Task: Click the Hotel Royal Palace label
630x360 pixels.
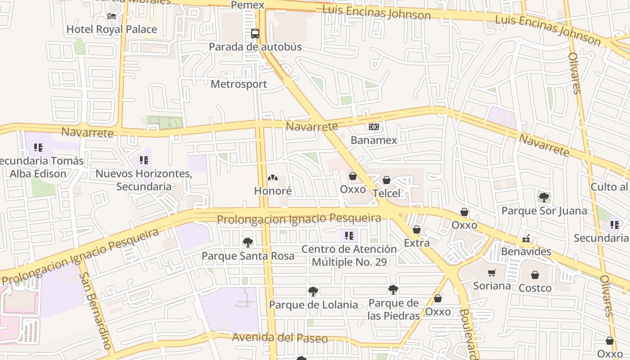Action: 112,30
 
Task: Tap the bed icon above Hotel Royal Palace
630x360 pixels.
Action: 112,16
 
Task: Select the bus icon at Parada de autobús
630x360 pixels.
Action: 255,33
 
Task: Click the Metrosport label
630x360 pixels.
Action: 239,84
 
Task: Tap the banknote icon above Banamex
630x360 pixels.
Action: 373,127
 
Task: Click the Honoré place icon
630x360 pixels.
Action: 273,178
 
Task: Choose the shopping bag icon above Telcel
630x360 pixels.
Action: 386,180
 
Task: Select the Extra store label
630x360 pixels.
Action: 417,243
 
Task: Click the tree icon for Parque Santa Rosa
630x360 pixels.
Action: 247,243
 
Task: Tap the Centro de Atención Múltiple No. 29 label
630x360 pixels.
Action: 349,255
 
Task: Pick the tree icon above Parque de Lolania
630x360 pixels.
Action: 313,292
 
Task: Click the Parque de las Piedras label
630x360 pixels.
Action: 393,309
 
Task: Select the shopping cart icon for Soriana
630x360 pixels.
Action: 492,273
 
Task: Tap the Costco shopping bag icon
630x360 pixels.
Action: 535,275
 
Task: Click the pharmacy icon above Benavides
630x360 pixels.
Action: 526,239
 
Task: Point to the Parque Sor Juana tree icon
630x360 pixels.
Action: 544,197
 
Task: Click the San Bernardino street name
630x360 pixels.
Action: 95,310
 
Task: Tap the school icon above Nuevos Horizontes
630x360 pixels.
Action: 144,160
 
